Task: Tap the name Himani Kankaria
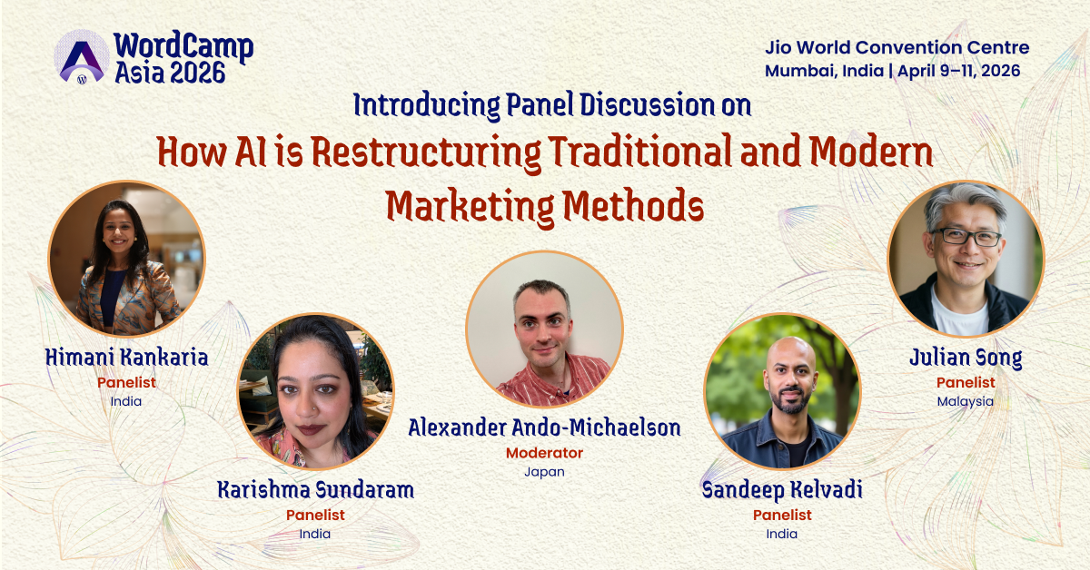coord(126,358)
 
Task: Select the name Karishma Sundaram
coord(315,491)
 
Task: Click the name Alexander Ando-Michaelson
coord(544,427)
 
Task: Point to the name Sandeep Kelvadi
coord(782,491)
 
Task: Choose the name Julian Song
coord(966,358)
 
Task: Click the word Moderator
coord(544,452)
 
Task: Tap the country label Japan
coord(544,472)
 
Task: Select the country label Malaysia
coord(966,401)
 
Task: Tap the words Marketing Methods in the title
coord(544,206)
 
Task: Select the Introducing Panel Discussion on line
coord(552,106)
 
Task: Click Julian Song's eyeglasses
coord(966,236)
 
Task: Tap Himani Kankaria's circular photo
coord(126,260)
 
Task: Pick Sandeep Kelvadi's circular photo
coord(782,391)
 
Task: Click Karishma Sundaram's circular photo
coord(315,391)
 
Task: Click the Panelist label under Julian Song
coord(966,382)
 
